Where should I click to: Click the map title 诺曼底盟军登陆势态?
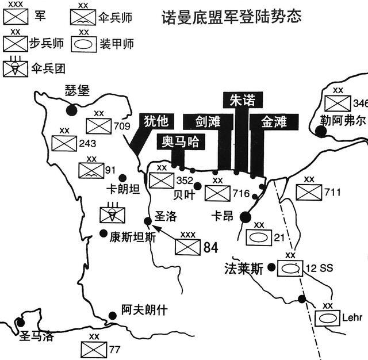[x=232, y=17]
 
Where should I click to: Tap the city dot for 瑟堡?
[x=71, y=110]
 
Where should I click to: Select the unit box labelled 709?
[x=99, y=126]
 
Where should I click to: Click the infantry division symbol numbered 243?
[x=64, y=143]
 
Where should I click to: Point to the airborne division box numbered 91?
[x=91, y=170]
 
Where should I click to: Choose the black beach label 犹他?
[x=156, y=121]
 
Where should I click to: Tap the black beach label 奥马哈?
[x=181, y=141]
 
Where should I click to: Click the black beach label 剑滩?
[x=208, y=122]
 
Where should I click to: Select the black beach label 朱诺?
[x=243, y=100]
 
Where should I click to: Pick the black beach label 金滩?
[x=274, y=122]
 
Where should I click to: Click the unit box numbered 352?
[x=162, y=181]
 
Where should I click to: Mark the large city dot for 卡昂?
[x=246, y=217]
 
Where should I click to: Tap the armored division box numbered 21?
[x=259, y=238]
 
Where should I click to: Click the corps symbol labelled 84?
[x=188, y=247]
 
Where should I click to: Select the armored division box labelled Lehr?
[x=327, y=318]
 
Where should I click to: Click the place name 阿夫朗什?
[x=144, y=310]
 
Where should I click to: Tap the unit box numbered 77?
[x=94, y=350]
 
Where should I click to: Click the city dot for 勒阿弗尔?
[x=321, y=132]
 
